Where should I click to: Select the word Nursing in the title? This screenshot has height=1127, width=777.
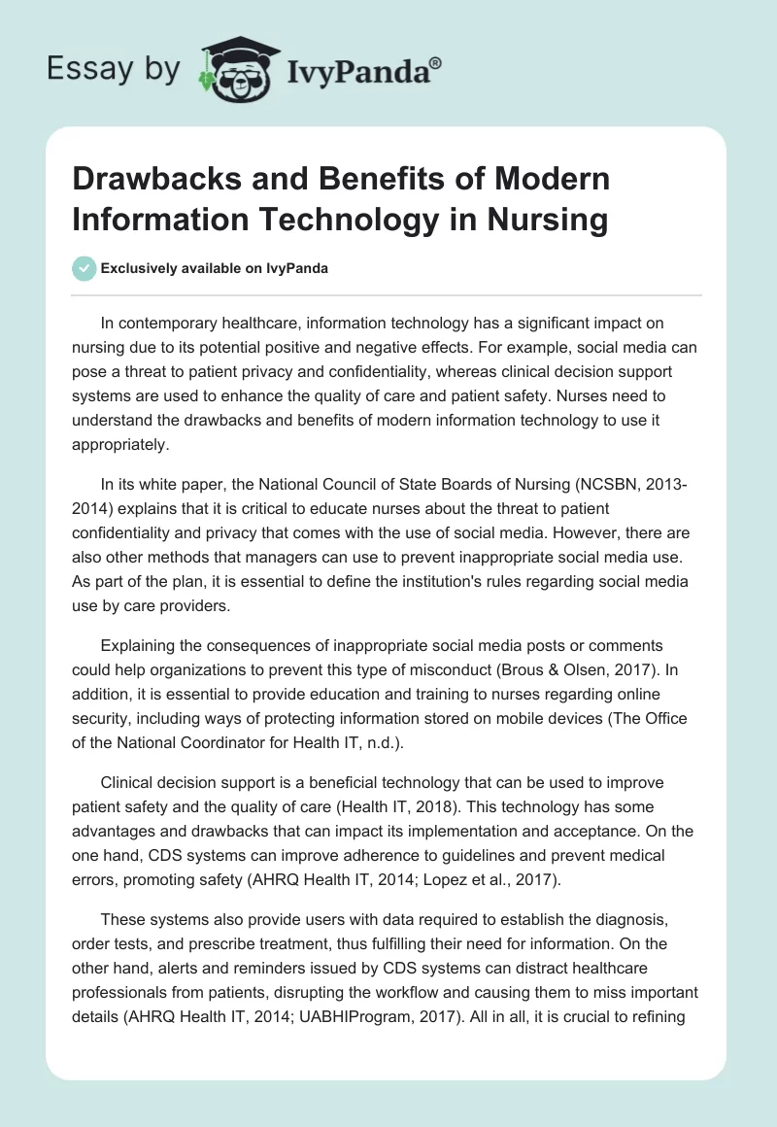(543, 219)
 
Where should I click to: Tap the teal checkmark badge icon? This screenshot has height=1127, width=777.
(84, 268)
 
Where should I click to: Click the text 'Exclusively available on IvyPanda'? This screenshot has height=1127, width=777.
(216, 268)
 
